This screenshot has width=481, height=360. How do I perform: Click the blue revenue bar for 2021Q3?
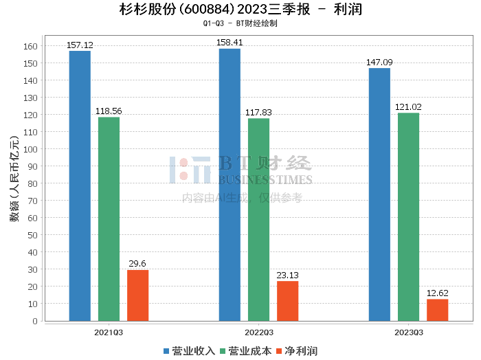80,185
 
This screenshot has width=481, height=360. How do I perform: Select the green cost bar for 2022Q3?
258,220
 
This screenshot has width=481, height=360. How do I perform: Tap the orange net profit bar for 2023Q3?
438,310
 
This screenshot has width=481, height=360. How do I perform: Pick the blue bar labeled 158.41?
230,185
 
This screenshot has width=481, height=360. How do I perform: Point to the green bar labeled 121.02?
408,217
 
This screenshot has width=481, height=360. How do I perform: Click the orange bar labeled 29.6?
137,295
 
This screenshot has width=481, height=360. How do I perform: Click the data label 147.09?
379,63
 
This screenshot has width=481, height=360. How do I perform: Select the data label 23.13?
287,275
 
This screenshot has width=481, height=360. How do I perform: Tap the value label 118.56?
109,111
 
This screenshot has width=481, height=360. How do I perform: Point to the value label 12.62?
438,293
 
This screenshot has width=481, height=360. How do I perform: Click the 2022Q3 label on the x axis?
259,333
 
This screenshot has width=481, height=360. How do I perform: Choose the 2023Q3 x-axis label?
409,333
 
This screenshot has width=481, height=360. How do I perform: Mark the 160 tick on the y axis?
30,46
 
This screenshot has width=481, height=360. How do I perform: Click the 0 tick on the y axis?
35,321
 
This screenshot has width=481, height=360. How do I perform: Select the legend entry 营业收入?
189,351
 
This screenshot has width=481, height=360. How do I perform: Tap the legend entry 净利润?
297,351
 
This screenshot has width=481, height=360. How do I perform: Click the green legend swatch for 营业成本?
223,351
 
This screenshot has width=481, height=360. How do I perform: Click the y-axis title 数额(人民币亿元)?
14,179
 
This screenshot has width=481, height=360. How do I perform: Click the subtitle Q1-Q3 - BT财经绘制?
240,23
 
